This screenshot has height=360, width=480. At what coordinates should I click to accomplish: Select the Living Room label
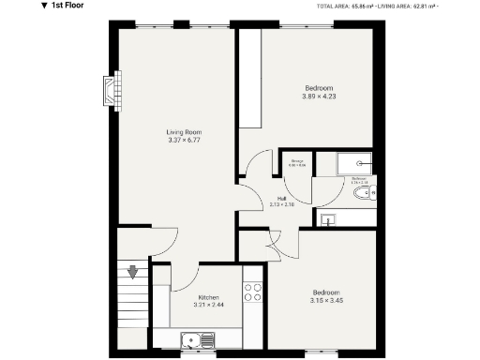coord(184,132)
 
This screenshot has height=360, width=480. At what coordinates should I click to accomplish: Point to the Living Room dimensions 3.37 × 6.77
coord(184,141)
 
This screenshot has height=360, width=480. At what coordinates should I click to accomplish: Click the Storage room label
coord(296,162)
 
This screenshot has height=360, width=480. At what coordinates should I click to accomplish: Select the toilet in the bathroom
coord(367,193)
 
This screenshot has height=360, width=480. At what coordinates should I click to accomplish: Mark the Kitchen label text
coord(208,297)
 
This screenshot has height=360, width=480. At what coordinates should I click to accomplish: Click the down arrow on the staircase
coord(133,273)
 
